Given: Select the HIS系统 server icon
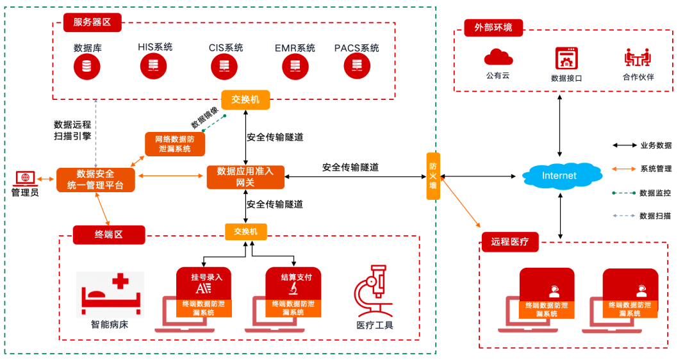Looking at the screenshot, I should pos(154,65).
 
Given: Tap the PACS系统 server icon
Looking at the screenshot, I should pos(356,65).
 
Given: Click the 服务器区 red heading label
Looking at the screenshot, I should pos(92,22).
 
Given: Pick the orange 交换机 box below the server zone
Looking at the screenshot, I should pos(245,99).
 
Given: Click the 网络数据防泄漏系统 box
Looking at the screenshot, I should pos(174,143).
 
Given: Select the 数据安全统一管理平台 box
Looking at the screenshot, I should pos(95,179).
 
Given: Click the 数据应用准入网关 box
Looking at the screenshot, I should pos(245,177).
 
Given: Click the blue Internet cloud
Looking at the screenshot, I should pos(559,175).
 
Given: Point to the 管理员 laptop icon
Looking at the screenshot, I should pos(25,177).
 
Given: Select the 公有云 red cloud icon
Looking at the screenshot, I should pos(498,58).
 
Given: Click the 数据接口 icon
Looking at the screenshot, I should pos(566,59).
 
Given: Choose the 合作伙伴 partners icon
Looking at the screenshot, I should pos(638,58).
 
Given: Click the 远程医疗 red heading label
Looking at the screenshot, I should pos(510,241).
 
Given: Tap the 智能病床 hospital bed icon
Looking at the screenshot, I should pos(110,294).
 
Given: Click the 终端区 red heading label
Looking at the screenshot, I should pos(109,234).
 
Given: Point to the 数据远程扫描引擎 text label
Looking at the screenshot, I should pos(72,130).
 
